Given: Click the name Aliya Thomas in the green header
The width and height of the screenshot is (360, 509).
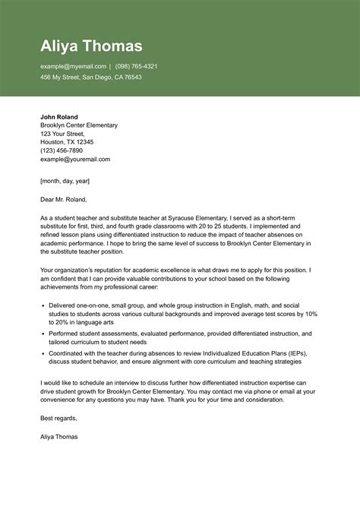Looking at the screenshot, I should click(x=91, y=45).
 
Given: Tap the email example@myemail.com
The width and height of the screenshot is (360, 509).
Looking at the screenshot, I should click(x=73, y=66).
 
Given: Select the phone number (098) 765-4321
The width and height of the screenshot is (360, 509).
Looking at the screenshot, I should click(x=136, y=66).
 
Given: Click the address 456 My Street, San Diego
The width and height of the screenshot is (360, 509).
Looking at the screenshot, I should click(x=90, y=77).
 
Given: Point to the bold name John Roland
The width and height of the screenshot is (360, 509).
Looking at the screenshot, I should click(x=58, y=116).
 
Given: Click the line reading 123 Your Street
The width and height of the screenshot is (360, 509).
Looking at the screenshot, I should click(x=62, y=133).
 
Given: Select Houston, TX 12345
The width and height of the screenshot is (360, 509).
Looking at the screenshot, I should click(x=67, y=142).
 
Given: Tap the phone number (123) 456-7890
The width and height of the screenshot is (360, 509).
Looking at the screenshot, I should click(x=62, y=150).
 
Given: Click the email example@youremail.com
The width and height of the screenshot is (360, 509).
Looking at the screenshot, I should click(x=75, y=159).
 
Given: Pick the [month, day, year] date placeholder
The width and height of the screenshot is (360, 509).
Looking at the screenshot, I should click(x=65, y=181).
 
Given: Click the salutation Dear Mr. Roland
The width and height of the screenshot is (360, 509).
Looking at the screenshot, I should click(x=64, y=200).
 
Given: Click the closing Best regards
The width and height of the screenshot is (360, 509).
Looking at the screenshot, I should click(x=58, y=418).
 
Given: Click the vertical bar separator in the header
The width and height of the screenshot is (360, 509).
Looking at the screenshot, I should click(x=110, y=66).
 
